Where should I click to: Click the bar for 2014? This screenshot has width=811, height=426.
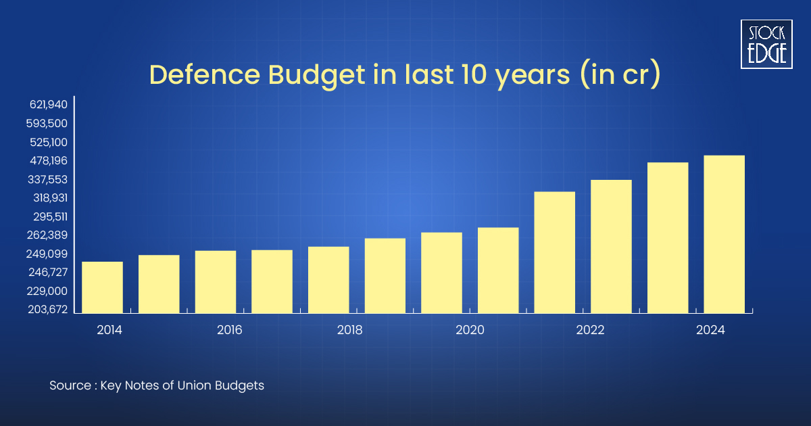(x=102, y=287)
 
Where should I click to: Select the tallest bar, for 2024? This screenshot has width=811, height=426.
(x=724, y=235)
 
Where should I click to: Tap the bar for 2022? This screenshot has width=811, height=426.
(x=611, y=247)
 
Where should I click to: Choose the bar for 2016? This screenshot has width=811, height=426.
(x=216, y=282)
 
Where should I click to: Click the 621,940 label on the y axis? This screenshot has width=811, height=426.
(x=49, y=105)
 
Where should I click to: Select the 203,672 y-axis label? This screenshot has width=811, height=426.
(x=49, y=310)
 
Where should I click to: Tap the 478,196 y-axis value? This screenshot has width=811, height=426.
(x=49, y=161)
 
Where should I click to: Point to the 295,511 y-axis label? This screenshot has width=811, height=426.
(x=49, y=217)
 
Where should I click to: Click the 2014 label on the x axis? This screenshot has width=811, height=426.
(x=109, y=331)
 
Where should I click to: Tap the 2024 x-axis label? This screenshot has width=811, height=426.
(x=711, y=331)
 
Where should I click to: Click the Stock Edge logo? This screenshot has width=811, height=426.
(x=767, y=44)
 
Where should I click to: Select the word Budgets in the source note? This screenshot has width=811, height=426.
(x=241, y=386)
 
